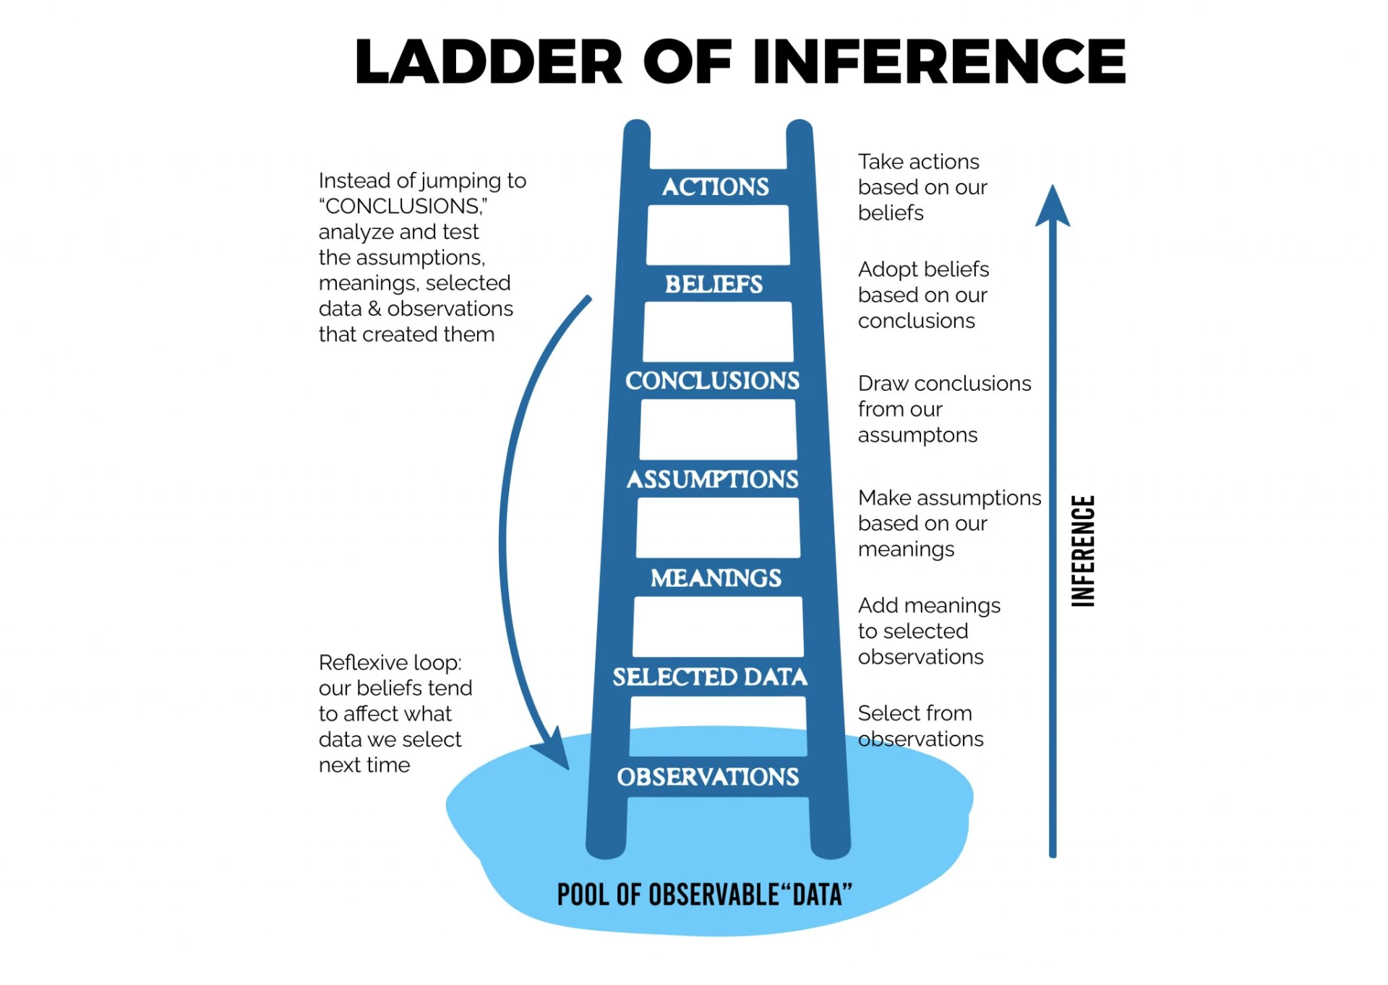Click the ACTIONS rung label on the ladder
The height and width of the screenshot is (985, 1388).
[715, 187]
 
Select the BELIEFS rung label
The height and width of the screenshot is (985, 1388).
[714, 284]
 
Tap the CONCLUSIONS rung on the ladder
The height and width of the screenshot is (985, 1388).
[712, 381]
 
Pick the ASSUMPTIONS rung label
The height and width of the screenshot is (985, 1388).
[712, 479]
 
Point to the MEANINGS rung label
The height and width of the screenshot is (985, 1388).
[716, 578]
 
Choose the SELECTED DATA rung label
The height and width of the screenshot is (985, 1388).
[710, 677]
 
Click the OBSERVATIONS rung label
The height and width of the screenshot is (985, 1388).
[708, 777]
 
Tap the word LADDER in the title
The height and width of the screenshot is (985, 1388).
[488, 62]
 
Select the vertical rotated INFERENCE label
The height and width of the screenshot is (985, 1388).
[1083, 551]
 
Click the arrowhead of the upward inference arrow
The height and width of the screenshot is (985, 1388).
[1053, 206]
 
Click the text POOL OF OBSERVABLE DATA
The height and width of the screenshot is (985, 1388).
[704, 895]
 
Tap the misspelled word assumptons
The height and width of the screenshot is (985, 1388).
[917, 435]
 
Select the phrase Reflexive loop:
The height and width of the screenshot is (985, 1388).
[390, 662]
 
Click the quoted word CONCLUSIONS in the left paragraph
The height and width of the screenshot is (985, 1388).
[403, 207]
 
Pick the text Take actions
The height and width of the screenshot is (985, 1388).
[918, 161]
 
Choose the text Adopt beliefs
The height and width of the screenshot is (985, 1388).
[923, 269]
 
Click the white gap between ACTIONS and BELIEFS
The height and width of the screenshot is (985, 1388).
[718, 235]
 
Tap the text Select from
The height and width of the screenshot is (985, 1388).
[914, 713]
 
